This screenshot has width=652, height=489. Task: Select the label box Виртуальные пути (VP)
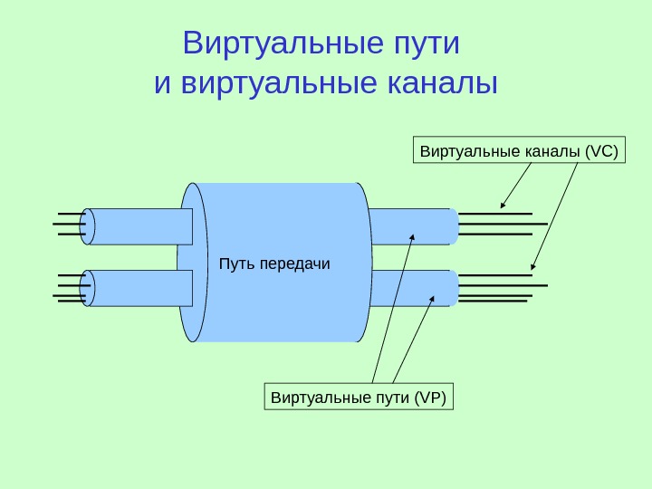pos(360,398)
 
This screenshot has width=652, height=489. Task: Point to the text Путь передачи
pos(275,264)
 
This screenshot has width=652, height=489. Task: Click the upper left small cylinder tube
pos(140,226)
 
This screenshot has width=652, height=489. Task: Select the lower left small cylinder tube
pos(140,288)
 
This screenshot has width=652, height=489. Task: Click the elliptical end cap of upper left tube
pos(88,226)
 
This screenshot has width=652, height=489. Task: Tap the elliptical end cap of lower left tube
pos(88,288)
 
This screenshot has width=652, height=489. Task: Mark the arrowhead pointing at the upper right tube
pos(412,237)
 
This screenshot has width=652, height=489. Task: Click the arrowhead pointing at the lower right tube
pos(433,297)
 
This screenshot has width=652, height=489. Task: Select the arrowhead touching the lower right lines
pos(534,267)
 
